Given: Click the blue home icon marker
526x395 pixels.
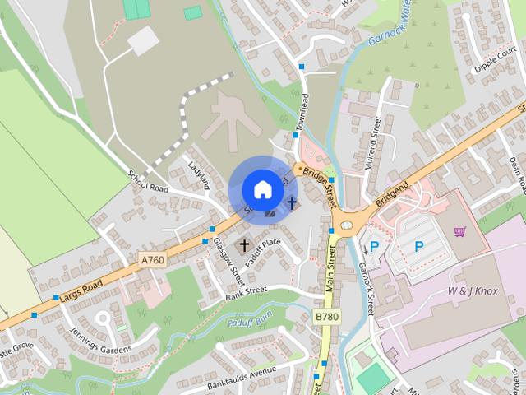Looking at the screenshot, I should tap(262, 189).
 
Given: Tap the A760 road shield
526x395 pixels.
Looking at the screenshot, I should tap(153, 260).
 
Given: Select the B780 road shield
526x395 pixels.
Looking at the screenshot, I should tap(327, 316).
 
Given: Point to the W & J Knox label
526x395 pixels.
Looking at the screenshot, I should tap(473, 292).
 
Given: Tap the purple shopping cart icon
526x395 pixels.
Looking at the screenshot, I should tap(459, 232).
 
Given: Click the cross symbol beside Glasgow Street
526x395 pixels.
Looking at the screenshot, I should tap(244, 245).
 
